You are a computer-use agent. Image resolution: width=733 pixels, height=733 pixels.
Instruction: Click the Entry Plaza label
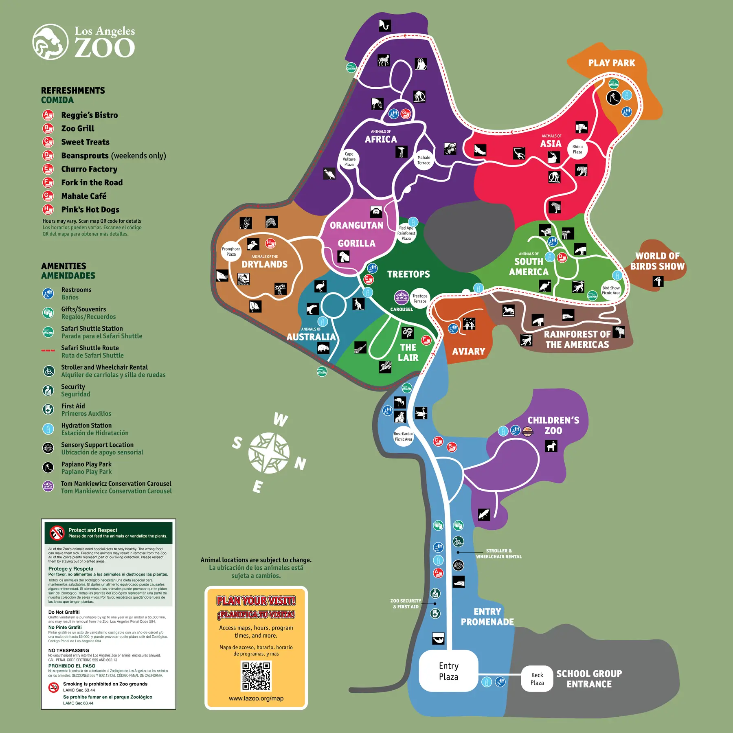click(x=448, y=671)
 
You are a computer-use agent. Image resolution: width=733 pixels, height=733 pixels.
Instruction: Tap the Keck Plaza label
click(x=537, y=679)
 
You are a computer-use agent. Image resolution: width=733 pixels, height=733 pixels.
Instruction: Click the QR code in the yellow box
click(x=256, y=676)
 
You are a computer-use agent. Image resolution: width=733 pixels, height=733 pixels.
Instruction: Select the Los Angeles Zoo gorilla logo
click(x=50, y=42)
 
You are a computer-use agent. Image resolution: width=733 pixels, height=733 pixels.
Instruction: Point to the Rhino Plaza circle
click(x=577, y=149)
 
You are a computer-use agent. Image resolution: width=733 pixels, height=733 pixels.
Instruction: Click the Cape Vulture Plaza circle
click(x=349, y=159)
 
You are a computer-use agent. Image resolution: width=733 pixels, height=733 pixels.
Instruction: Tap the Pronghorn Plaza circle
click(x=231, y=252)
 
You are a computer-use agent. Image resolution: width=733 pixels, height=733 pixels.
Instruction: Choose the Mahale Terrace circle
click(x=424, y=160)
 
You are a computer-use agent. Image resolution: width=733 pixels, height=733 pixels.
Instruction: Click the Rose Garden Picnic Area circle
click(x=403, y=437)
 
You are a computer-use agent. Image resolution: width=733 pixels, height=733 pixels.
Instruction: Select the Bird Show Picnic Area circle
click(x=611, y=290)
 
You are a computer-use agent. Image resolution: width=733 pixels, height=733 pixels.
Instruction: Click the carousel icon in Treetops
click(x=402, y=297)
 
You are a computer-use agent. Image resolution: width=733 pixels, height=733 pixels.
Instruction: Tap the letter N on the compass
click(x=301, y=463)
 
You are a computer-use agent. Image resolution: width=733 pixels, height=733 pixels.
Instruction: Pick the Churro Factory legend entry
click(x=89, y=169)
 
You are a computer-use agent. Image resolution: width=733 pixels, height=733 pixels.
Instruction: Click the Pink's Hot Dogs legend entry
click(x=90, y=210)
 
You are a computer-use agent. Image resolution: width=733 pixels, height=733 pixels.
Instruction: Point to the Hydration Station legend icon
click(x=48, y=429)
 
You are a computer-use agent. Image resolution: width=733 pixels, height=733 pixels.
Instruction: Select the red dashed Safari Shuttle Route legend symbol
click(x=48, y=350)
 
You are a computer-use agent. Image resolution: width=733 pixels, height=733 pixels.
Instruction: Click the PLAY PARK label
click(x=612, y=63)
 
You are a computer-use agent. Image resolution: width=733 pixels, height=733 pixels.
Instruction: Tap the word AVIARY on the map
click(x=469, y=351)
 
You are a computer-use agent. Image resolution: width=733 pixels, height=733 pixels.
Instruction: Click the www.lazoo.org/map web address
click(x=256, y=698)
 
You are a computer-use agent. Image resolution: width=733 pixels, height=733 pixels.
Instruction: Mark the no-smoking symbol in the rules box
click(x=54, y=687)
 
